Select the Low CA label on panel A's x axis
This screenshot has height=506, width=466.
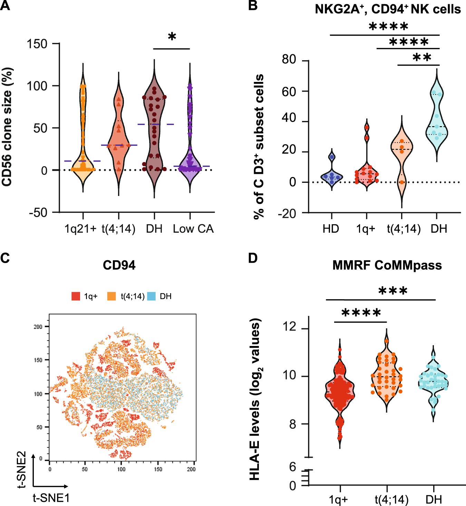coord(193,229)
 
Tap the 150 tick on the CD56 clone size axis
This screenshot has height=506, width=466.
coord(37,44)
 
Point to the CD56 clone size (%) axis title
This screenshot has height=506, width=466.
coord(7,126)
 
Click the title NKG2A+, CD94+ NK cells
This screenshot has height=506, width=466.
coord(388,9)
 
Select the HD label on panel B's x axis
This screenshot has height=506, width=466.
coord(331,229)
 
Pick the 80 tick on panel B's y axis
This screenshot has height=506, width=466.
coord(289,60)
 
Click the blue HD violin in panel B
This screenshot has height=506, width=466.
coord(332,176)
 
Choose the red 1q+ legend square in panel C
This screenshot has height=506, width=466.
coord(76,296)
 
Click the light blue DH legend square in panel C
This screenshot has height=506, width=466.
coord(151,296)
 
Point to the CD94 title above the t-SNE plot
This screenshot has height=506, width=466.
coord(119,265)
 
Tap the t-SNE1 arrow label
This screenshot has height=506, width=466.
coord(51,498)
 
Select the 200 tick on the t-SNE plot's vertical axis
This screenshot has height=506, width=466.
coord(38,327)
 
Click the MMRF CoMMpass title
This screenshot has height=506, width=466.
coord(387,265)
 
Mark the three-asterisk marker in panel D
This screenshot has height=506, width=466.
coord(393,291)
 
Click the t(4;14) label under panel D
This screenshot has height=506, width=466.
coord(391,499)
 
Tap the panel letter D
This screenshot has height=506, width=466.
coord(253,258)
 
